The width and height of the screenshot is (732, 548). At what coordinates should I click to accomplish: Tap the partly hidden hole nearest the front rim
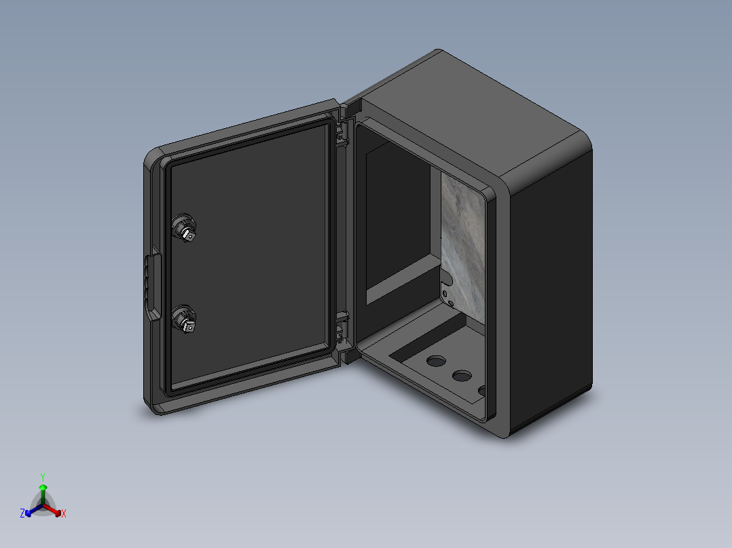pos(483,391)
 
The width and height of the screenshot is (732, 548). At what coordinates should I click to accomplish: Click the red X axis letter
pos(64,514)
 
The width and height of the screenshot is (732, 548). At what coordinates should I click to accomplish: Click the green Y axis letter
pos(43,476)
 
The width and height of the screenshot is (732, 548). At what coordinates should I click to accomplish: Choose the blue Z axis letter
pos(22,513)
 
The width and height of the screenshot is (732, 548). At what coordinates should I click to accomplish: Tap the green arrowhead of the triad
pos(43,487)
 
